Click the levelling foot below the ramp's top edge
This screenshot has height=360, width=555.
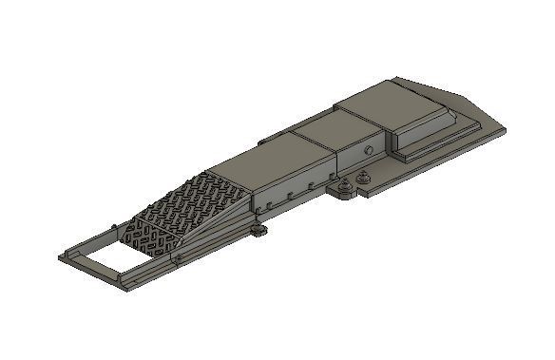pyautogui.click(x=258, y=229)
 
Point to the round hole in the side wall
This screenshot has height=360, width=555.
pyautogui.click(x=367, y=152)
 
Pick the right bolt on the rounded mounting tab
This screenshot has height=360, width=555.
pyautogui.click(x=363, y=175)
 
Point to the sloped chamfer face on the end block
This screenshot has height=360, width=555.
pyautogui.click(x=456, y=108)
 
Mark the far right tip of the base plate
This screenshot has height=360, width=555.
pyautogui.click(x=505, y=129)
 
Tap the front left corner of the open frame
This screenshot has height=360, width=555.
pyautogui.click(x=62, y=256)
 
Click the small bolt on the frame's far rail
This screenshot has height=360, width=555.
pyautogui.click(x=114, y=226)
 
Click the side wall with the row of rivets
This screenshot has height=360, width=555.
pyautogui.click(x=295, y=190)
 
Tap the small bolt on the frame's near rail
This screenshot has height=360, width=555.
pyautogui.click(x=177, y=257)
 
